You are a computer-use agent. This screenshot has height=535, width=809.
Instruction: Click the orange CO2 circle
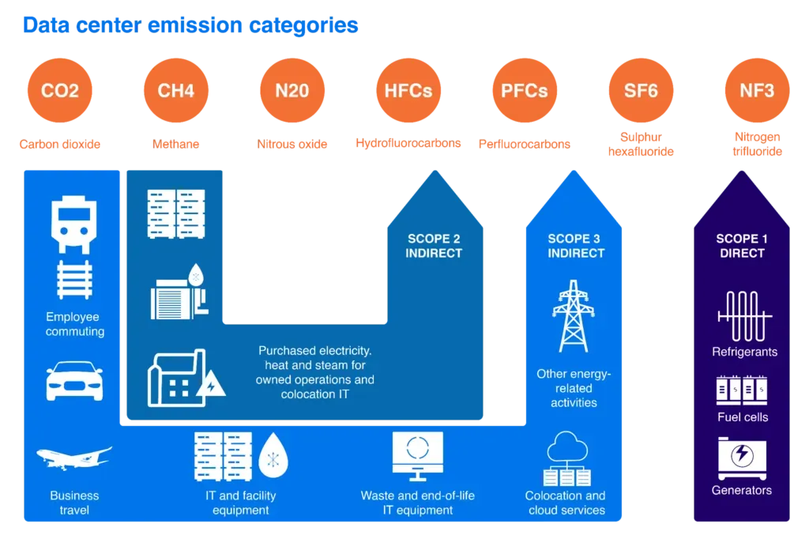click(60, 91)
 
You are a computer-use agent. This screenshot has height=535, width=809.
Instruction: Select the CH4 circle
click(175, 91)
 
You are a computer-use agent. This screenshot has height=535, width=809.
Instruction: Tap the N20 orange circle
click(292, 91)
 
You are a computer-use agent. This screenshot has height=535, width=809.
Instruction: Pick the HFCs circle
click(408, 91)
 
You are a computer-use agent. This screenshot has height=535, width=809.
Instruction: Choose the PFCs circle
click(524, 91)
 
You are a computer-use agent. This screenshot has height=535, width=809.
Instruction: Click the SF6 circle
click(641, 91)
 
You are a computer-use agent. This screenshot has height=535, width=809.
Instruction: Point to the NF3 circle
click(756, 91)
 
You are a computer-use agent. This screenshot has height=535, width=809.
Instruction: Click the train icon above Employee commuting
click(74, 226)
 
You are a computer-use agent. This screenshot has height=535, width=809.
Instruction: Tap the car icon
click(74, 381)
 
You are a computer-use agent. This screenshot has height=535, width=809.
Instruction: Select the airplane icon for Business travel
click(74, 458)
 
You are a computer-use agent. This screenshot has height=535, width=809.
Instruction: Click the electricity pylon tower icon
click(574, 316)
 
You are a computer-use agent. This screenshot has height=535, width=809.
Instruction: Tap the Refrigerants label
click(744, 352)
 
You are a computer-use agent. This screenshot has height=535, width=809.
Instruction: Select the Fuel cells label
click(742, 416)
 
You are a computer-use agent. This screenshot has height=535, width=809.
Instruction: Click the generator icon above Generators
click(742, 458)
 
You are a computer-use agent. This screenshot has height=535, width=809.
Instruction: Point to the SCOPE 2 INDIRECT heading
click(434, 246)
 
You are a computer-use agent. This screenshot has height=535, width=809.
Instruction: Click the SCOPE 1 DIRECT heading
click(742, 246)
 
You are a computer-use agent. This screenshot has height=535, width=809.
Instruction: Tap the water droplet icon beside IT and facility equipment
click(273, 456)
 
